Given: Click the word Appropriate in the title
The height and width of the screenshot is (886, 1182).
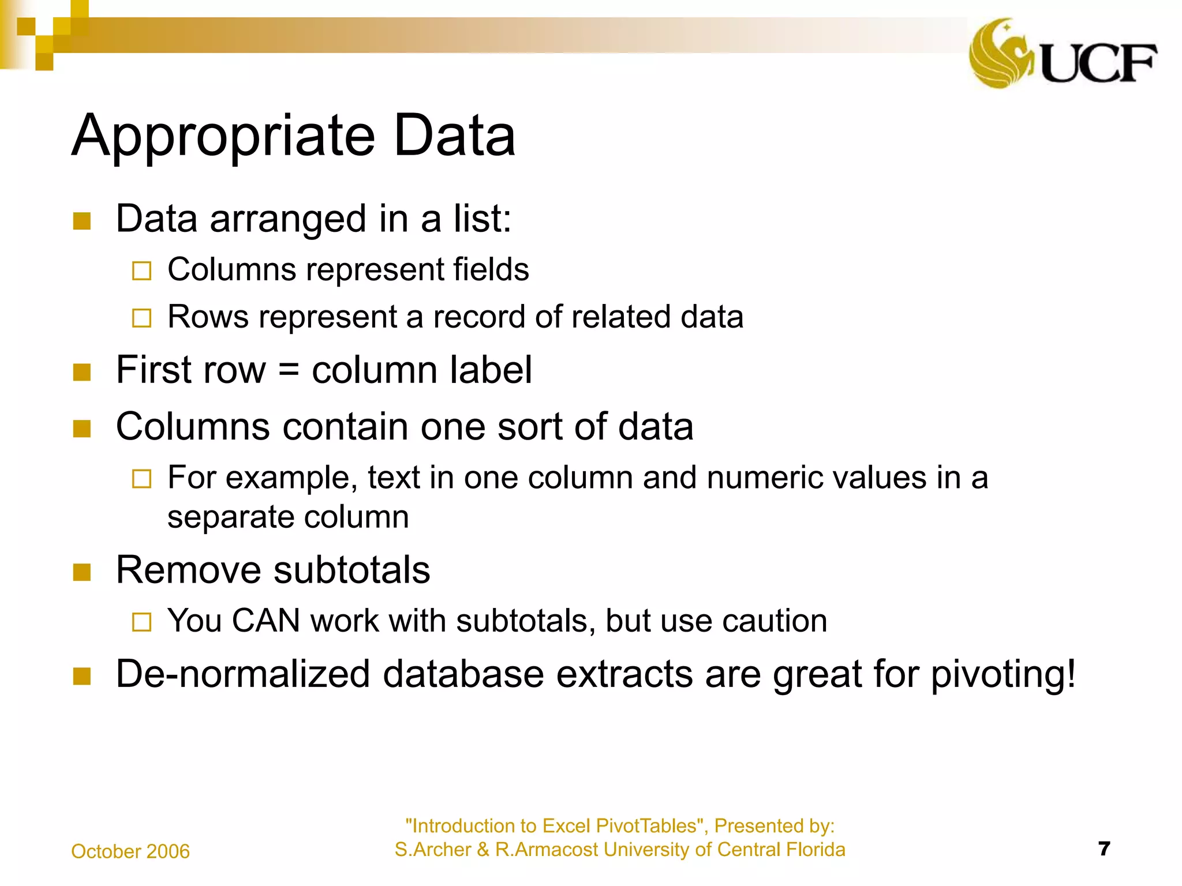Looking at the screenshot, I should pyautogui.click(x=224, y=136).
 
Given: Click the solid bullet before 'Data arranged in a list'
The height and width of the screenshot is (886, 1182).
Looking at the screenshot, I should pyautogui.click(x=82, y=221).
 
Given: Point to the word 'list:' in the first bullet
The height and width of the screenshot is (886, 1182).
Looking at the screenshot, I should pyautogui.click(x=482, y=219).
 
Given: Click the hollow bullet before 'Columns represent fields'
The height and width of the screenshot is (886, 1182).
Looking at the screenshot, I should pyautogui.click(x=141, y=271).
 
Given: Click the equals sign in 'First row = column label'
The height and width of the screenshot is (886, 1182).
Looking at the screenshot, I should pyautogui.click(x=289, y=370).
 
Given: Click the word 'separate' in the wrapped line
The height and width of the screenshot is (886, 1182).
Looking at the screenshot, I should pyautogui.click(x=230, y=517).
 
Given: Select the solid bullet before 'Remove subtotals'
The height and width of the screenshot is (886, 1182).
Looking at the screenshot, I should pyautogui.click(x=82, y=572).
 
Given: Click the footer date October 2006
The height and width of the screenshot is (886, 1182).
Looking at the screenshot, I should pyautogui.click(x=130, y=851).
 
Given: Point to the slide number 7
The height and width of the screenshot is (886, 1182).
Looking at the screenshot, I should pyautogui.click(x=1104, y=849).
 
